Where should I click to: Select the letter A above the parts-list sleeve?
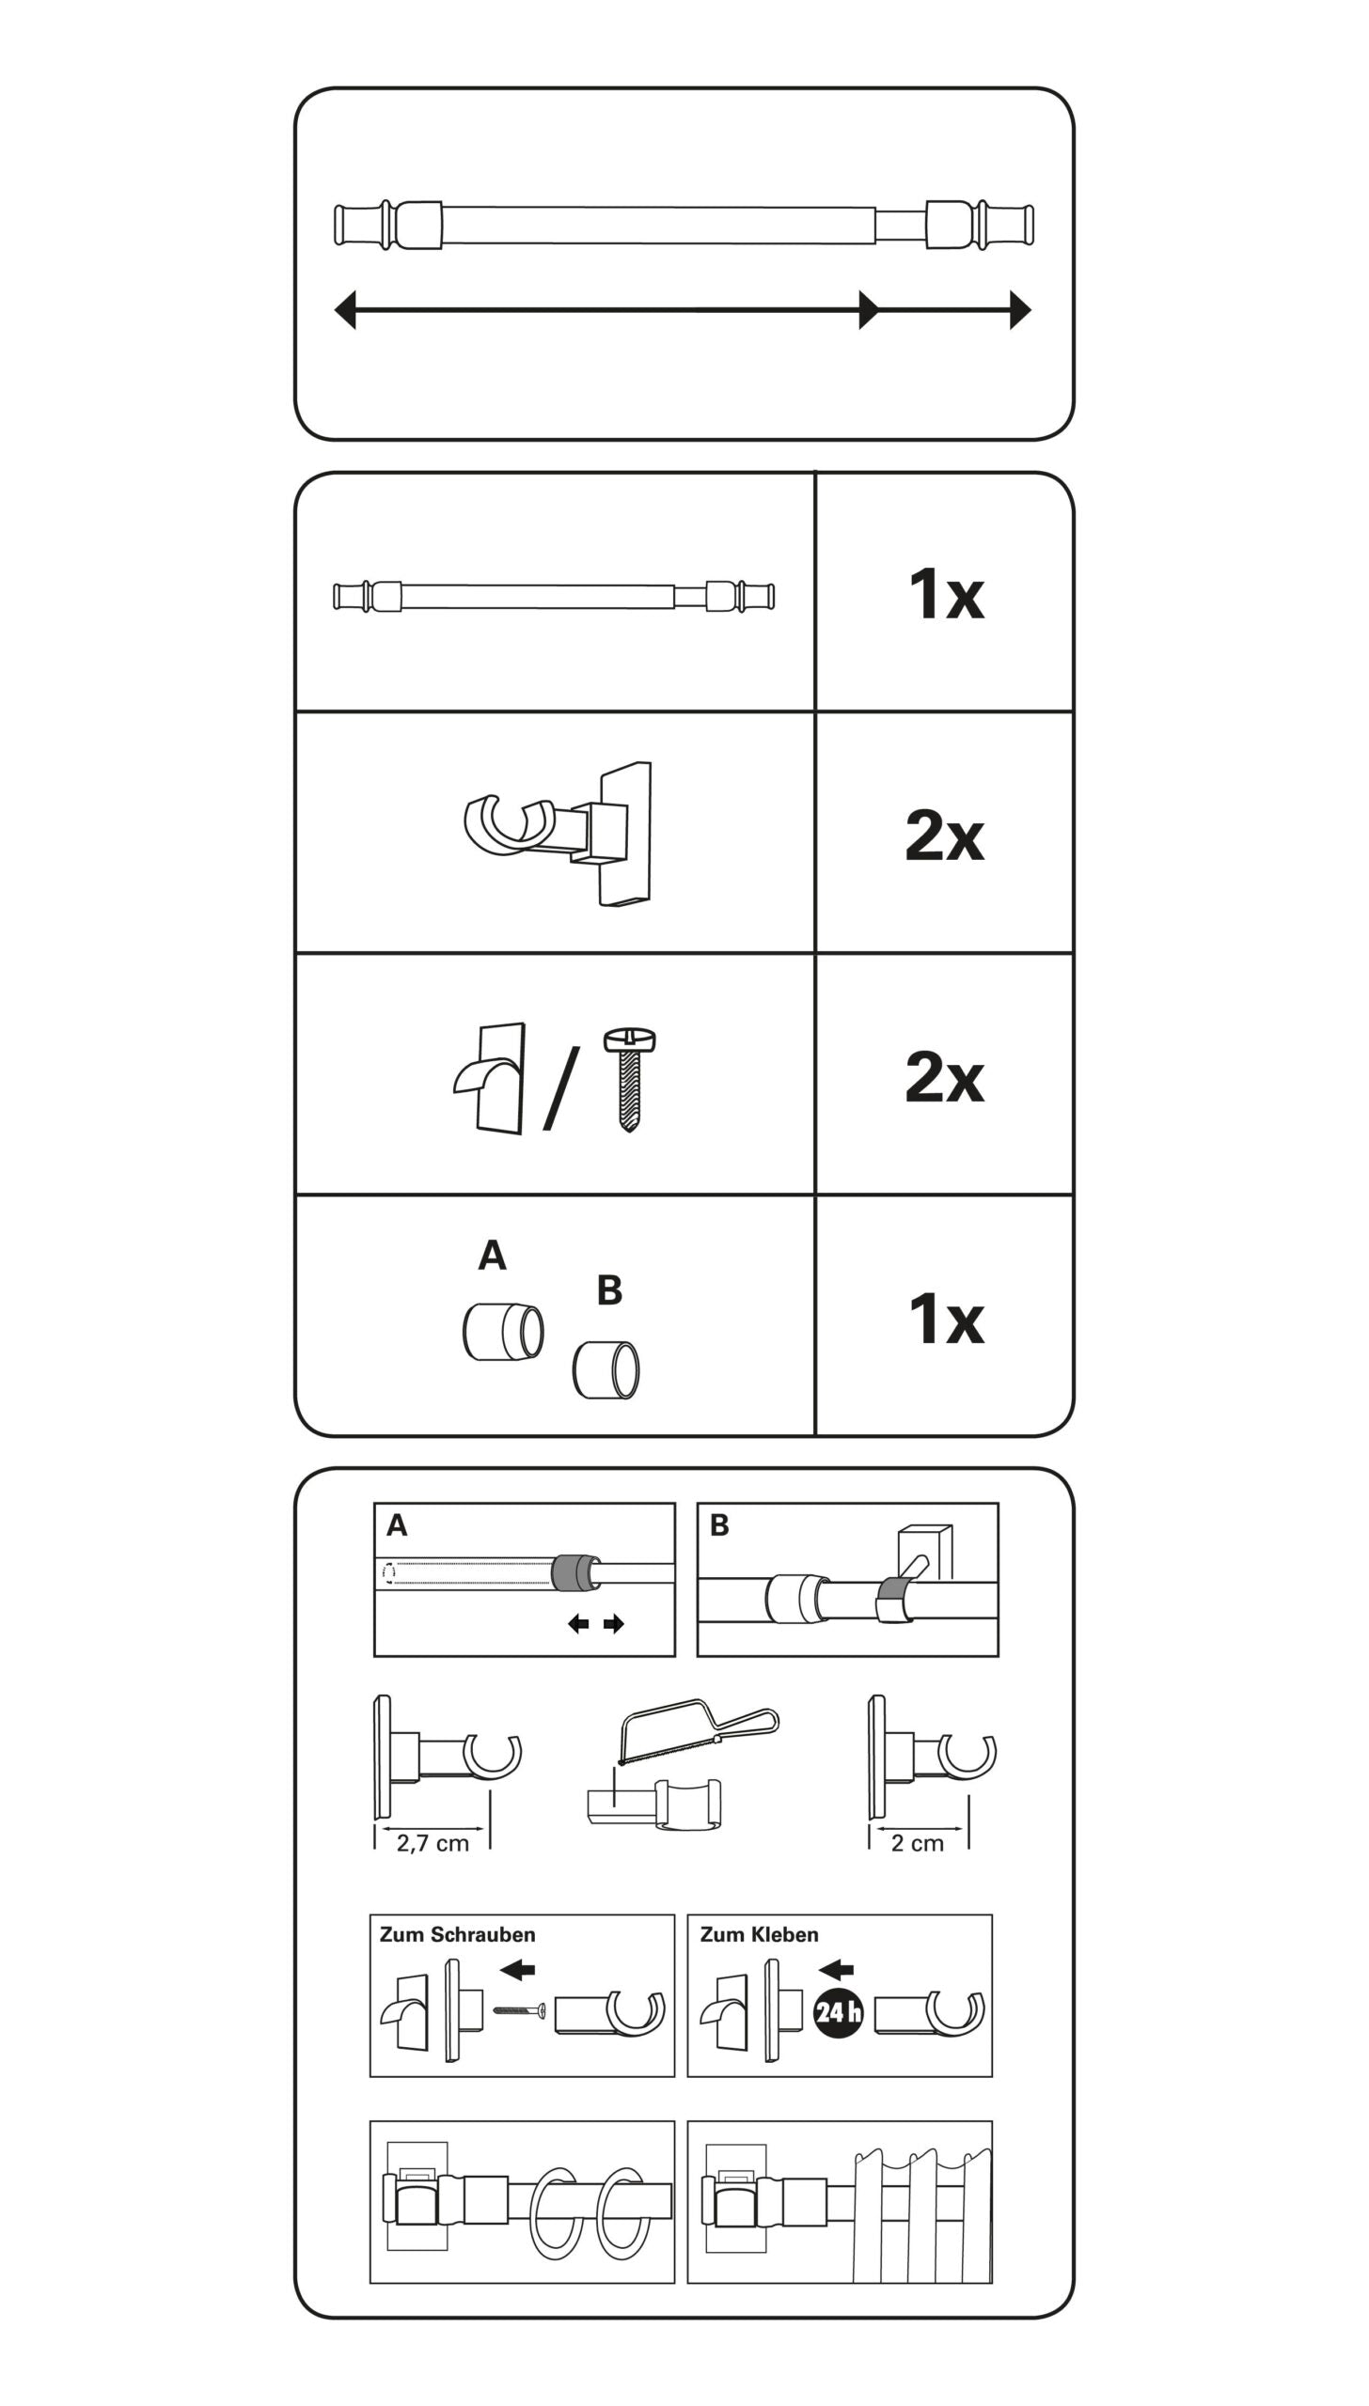pyautogui.click(x=493, y=1255)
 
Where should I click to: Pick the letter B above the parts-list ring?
pyautogui.click(x=609, y=1290)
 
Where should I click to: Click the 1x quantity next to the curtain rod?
pyautogui.click(x=946, y=594)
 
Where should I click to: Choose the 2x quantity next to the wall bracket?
pyautogui.click(x=944, y=836)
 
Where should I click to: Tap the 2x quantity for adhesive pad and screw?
pyautogui.click(x=944, y=1077)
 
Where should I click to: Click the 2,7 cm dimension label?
pyautogui.click(x=433, y=1843)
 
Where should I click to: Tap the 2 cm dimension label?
pyautogui.click(x=918, y=1843)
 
